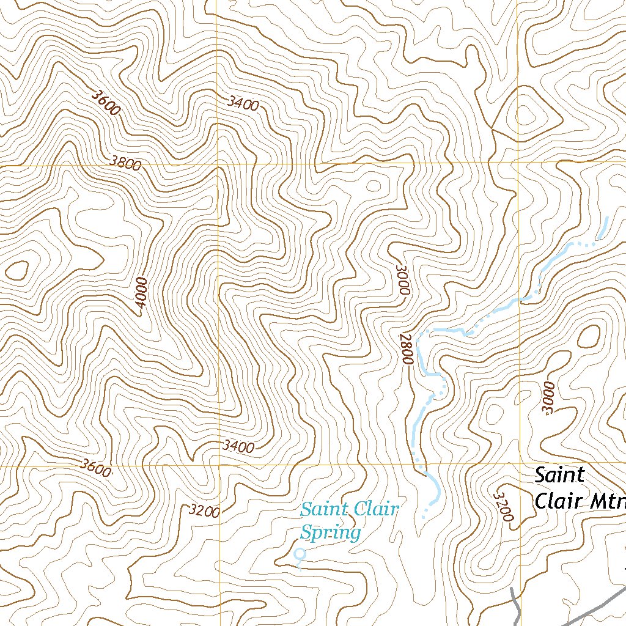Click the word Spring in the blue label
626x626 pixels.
tap(330, 532)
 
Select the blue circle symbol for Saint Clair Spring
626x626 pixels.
tap(300, 554)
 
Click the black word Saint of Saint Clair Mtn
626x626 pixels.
tap(559, 475)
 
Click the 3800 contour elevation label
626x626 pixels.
tap(127, 163)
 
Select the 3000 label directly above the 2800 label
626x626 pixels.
tap(402, 280)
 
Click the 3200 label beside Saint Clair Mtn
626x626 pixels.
tap(503, 506)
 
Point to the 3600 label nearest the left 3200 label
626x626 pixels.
tap(96, 468)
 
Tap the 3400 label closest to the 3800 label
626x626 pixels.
tap(243, 104)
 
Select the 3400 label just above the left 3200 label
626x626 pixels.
tap(238, 447)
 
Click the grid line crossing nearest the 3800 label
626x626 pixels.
tap(217, 164)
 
